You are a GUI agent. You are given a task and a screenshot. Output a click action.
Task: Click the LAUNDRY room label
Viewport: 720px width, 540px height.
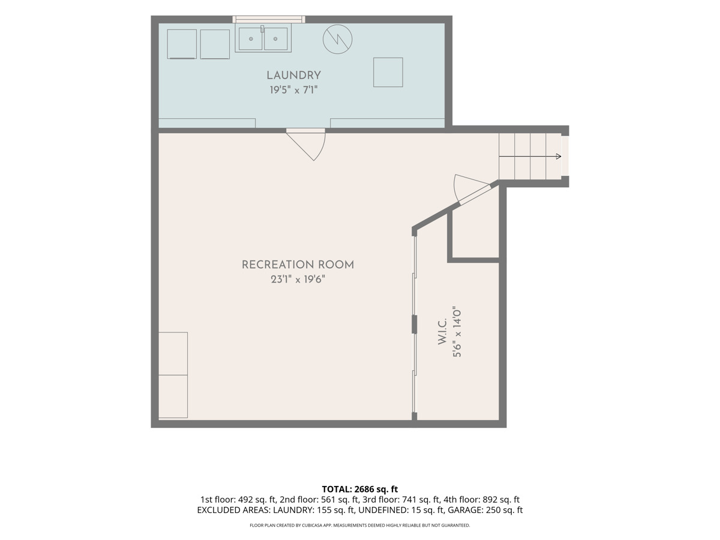293,76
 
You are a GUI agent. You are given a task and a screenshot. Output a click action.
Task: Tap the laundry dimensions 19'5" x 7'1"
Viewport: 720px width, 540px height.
293,90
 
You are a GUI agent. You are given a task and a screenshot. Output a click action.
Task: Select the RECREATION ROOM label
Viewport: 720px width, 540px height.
298,265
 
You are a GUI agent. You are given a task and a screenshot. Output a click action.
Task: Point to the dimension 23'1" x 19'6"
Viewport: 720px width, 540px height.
298,280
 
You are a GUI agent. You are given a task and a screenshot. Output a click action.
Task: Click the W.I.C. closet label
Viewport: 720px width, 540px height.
442,331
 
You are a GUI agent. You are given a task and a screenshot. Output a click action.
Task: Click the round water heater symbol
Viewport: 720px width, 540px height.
338,40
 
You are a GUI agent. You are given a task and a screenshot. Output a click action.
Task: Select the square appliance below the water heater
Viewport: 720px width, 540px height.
388,73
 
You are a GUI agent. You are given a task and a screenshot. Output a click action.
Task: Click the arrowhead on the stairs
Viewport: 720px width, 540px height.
559,157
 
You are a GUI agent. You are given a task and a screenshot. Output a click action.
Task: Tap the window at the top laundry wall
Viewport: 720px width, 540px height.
269,19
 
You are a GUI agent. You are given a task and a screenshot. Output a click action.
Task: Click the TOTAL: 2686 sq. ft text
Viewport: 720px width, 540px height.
360,489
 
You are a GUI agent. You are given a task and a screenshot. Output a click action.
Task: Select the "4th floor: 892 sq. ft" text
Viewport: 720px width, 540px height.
482,500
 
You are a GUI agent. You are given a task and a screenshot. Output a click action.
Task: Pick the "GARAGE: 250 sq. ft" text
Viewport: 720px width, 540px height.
485,510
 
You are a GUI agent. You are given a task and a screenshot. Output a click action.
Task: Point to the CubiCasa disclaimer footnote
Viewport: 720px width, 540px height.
360,525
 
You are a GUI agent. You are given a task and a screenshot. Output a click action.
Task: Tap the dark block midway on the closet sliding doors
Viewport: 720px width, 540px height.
414,324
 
